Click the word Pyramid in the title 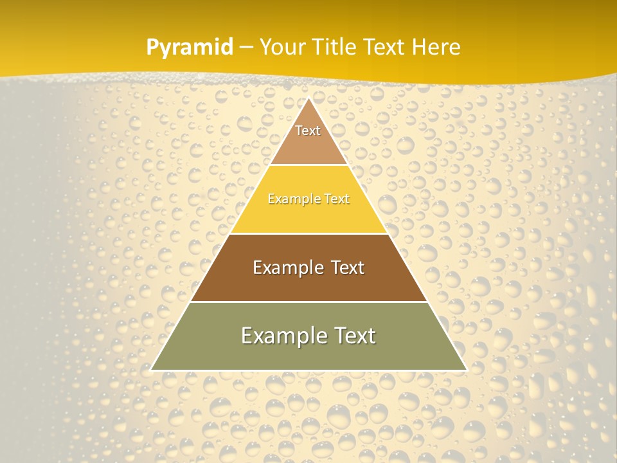(190, 48)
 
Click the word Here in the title (436, 47)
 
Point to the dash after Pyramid (246, 48)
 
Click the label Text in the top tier (308, 131)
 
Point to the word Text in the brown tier (346, 268)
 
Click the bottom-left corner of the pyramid (152, 370)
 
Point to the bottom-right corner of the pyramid (466, 370)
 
